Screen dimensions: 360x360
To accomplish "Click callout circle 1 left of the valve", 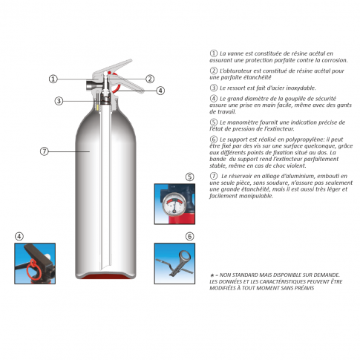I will click(53, 79).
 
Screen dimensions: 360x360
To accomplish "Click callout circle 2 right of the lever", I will click(150, 79).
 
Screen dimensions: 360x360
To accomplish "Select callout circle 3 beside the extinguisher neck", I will click(59, 101).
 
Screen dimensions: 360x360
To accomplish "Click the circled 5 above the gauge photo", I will click(189, 177).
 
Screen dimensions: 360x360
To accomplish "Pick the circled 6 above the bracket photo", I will click(189, 236).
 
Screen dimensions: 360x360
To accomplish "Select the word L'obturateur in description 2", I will click(235, 71).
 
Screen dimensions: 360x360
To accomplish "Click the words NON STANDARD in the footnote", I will click(236, 275).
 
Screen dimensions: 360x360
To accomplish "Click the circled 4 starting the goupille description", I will click(214, 99).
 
